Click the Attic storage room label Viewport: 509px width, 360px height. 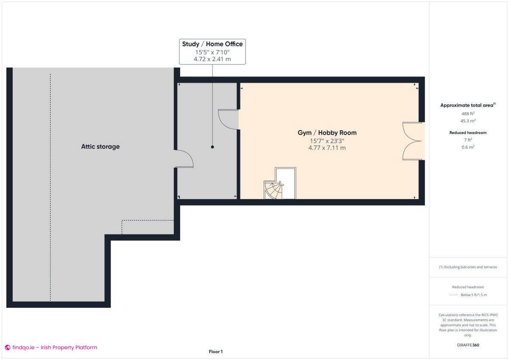[x=100, y=147]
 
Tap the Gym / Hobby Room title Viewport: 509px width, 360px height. [x=327, y=133]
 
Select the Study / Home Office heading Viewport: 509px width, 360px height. [x=212, y=44]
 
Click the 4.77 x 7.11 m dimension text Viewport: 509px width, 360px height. [x=327, y=148]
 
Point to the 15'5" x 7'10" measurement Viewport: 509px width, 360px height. [x=212, y=52]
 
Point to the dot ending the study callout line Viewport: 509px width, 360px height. [x=213, y=147]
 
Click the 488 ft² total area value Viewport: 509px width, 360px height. [x=468, y=114]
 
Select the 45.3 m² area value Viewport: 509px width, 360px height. [x=468, y=120]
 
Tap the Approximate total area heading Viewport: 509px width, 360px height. [x=467, y=105]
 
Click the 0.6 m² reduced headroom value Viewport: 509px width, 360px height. [x=468, y=147]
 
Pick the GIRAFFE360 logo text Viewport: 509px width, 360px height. [x=468, y=345]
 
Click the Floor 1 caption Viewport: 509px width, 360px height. [x=215, y=352]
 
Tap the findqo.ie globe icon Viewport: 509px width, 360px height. [x=8, y=348]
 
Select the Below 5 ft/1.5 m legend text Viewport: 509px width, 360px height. [x=473, y=295]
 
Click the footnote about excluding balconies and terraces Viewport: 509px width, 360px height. [x=468, y=267]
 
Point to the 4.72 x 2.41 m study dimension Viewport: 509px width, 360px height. [x=212, y=59]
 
